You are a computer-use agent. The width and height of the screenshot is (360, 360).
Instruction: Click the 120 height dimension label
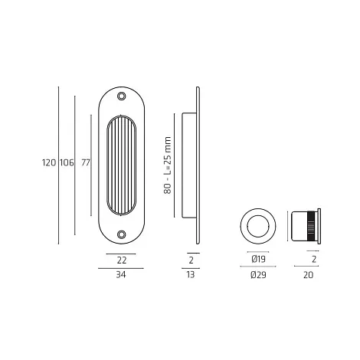click(49, 162)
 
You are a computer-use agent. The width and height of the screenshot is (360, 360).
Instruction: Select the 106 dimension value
click(67, 162)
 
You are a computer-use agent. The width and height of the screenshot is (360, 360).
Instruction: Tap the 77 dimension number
click(86, 162)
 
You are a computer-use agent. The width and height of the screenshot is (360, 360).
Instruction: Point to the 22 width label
click(122, 260)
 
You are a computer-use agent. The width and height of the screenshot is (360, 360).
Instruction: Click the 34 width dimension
click(121, 275)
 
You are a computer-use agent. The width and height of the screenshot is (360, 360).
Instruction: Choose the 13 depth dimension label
click(191, 275)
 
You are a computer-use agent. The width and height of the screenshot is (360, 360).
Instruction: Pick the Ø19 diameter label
click(258, 259)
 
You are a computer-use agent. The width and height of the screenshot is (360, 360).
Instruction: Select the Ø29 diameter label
click(258, 275)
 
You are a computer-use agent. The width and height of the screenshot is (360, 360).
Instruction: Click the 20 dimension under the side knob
click(308, 275)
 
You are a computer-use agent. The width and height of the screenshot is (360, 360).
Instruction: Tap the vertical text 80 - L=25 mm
click(168, 165)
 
